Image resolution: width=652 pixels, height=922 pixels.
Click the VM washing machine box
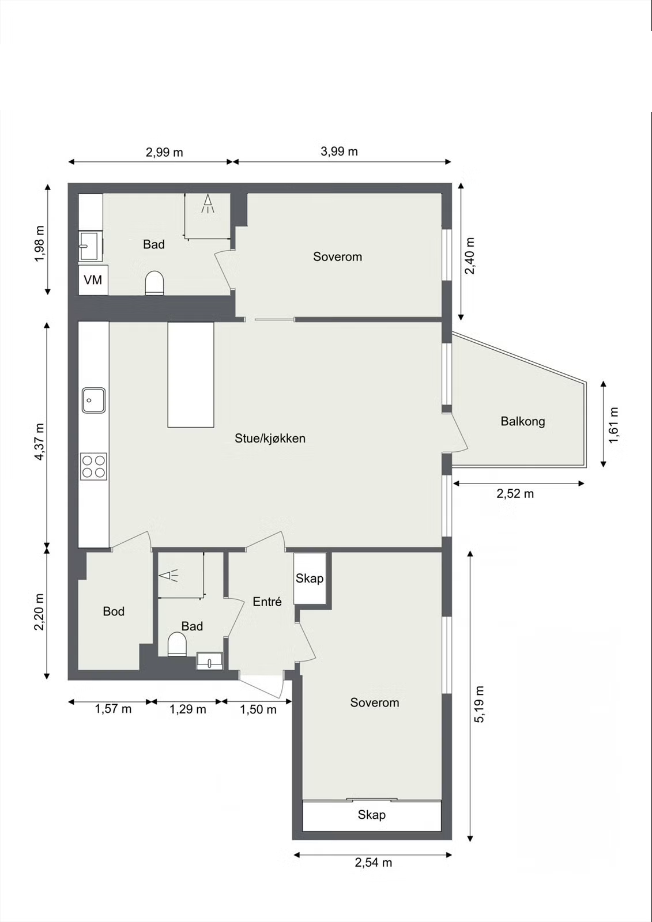pos(93,280)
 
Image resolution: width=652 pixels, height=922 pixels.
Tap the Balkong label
pos(523,421)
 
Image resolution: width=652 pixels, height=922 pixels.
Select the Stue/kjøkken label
pos(270,439)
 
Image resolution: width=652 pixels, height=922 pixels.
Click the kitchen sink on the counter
pos(93,400)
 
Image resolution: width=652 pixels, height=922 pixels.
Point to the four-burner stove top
pos(93,466)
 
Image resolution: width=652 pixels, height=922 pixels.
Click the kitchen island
pos(191,375)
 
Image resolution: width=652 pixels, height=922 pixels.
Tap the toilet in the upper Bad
pos(154,283)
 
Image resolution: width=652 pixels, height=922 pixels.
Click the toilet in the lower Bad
pos(178,645)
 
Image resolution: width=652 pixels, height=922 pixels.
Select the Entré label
pos(267,602)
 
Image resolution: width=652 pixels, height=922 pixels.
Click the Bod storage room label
pos(114,611)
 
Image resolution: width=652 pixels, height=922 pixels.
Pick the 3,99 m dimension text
pos(339,152)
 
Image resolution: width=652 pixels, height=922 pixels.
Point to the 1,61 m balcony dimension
pos(614,425)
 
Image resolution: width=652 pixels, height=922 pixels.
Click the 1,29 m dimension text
pos(188,709)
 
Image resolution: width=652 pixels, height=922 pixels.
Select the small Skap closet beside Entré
pos(310,579)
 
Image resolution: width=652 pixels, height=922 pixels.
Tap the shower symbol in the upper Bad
pos(208,204)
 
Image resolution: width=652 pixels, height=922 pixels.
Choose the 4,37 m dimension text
pos(40,441)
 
